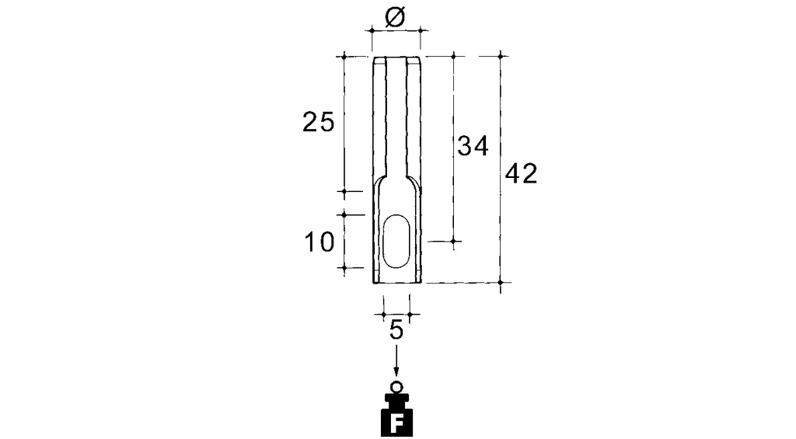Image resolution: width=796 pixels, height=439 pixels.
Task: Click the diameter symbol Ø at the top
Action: click(395, 18)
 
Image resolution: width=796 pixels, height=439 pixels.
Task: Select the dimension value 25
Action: click(318, 123)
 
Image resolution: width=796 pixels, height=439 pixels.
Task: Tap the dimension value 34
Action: click(473, 145)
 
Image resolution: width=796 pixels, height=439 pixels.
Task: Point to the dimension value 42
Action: click(521, 174)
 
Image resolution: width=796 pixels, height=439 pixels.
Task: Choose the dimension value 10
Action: click(319, 242)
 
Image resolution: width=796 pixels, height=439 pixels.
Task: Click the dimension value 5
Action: click(396, 330)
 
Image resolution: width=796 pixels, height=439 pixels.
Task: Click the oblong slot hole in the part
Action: click(396, 241)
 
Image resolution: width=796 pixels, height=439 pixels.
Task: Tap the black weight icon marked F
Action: click(396, 415)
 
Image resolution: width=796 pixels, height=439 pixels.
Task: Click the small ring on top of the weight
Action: click(396, 386)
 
